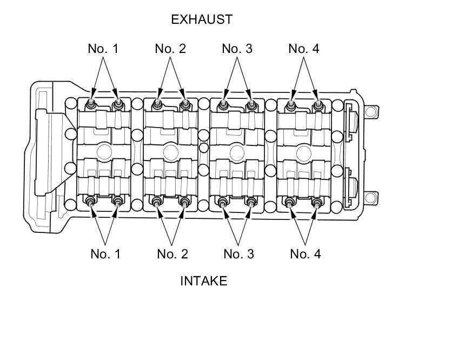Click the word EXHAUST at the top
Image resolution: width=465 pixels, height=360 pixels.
point(202,19)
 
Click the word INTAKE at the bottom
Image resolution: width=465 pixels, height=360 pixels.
point(204,281)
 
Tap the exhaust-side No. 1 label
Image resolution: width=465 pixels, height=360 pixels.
point(103,49)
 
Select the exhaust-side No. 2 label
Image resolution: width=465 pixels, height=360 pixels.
point(170,49)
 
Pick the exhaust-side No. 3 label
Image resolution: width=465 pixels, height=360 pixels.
point(237,49)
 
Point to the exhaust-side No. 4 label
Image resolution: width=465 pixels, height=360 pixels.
point(304,49)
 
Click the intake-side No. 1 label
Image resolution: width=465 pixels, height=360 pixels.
point(105,254)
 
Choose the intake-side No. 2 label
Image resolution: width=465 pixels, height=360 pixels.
point(172,254)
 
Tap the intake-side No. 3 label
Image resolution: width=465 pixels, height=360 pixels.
point(239,254)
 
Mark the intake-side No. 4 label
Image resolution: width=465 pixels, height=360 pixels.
point(305,254)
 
